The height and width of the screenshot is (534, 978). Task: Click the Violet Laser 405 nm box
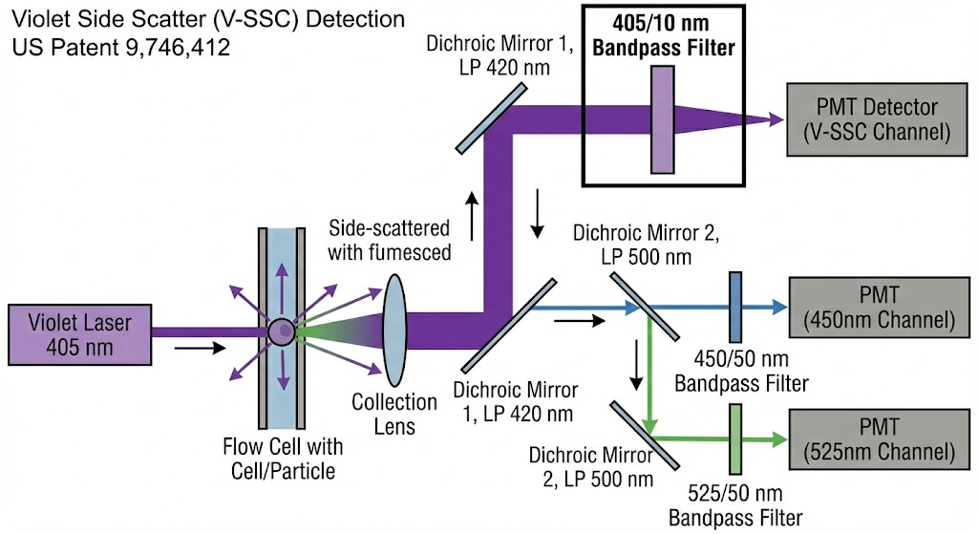[80, 332]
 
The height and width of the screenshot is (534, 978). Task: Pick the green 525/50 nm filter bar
[735, 438]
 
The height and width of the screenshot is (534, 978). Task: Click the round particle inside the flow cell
[282, 332]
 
